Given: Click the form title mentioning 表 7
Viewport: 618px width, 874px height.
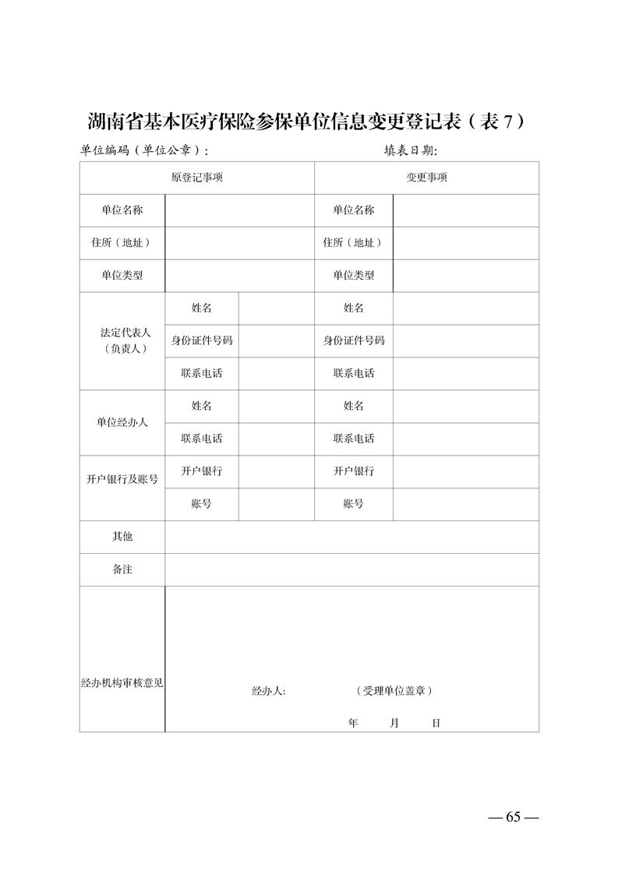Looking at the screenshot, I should (308, 122).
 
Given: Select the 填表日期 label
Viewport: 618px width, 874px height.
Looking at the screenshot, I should (411, 150).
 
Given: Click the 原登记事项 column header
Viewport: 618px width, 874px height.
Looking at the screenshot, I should (197, 178).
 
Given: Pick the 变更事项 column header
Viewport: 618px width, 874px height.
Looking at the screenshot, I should (426, 178).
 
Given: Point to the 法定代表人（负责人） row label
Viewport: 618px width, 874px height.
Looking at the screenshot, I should (122, 340).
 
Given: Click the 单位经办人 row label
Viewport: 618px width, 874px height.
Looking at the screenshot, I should (122, 422).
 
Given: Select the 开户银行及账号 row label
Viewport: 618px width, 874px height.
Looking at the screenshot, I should (122, 479).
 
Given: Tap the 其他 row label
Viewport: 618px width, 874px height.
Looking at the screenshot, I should (122, 537).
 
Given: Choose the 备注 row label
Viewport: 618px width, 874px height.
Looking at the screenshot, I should (122, 569).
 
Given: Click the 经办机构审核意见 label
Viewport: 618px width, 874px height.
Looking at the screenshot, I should (122, 683).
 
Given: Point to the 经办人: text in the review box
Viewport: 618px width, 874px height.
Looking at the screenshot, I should (269, 691).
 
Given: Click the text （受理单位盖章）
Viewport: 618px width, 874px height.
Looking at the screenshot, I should (394, 691).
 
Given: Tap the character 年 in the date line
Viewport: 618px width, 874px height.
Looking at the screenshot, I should (353, 723).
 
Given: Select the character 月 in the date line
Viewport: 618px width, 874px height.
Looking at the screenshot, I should (394, 723).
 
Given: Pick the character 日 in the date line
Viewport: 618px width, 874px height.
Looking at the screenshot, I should (436, 723).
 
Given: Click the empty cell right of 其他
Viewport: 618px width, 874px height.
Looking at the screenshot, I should (351, 537).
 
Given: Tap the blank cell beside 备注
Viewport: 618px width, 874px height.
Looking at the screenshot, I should (351, 569).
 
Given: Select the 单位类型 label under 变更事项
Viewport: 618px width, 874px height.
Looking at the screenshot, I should (354, 275).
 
